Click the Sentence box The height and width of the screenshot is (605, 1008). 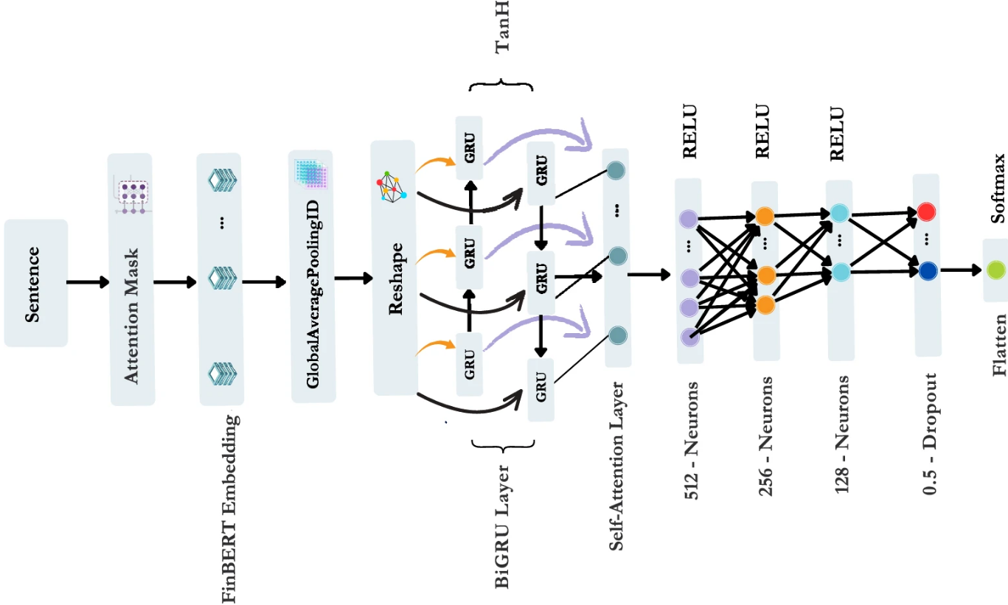[35, 283]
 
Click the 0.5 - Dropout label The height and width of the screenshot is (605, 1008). [929, 433]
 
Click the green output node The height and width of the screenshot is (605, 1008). [996, 270]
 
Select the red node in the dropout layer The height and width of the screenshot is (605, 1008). [927, 212]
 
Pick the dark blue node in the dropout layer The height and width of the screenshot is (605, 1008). [927, 270]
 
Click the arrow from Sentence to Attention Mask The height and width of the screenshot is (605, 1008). [88, 282]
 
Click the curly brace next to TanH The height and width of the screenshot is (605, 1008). [501, 85]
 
